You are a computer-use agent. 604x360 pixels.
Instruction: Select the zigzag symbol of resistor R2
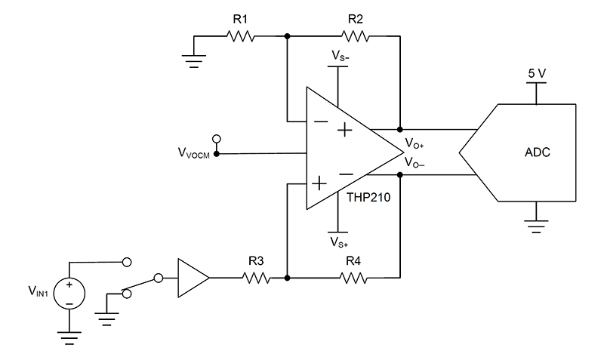point(356,35)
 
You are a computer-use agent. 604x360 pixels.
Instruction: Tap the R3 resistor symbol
point(255,278)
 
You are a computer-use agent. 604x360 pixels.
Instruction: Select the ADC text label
point(537,152)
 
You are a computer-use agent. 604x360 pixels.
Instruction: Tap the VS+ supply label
point(339,243)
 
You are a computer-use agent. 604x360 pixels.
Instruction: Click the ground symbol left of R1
point(194,59)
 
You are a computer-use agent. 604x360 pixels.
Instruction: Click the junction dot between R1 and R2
point(288,35)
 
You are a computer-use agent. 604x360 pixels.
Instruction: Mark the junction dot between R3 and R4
point(288,278)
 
